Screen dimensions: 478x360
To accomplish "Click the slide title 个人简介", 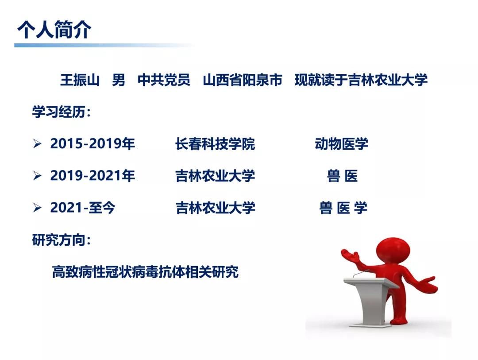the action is coord(54,30).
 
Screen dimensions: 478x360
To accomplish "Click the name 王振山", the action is coord(80,80).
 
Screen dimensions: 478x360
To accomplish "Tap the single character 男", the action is coord(119,80).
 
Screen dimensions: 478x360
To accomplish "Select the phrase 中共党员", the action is coord(164,80).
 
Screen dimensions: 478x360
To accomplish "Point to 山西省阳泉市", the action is coord(243,80).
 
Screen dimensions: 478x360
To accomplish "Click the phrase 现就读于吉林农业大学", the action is coord(361,80).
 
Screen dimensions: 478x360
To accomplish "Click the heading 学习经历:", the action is coord(61,112).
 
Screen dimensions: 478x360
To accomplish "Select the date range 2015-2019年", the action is coord(93,144).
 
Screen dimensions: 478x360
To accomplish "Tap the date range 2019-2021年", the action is coord(93,176).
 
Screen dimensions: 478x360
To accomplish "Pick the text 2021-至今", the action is coord(83,208).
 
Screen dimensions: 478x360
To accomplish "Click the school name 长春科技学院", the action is coord(215,144).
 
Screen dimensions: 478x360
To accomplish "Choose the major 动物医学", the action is coord(341,144).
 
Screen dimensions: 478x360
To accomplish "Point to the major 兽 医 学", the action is coord(343,208).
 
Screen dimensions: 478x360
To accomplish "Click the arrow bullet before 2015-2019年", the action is coord(37,144).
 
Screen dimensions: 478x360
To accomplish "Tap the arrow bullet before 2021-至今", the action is coord(37,208).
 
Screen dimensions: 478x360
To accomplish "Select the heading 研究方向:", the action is coord(61,240).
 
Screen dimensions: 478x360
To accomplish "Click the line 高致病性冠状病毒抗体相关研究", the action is coord(145,272).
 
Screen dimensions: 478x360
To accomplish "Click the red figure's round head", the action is coord(393,252).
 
